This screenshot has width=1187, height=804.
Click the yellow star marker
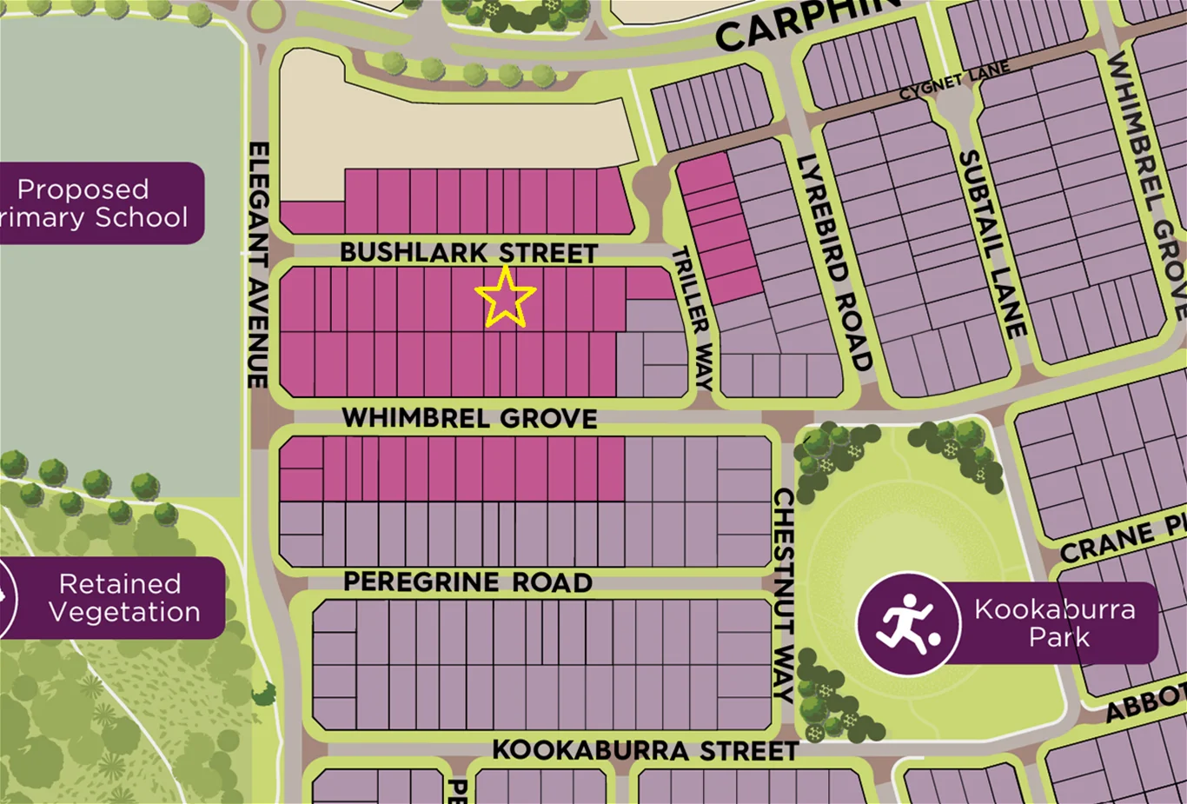[x=506, y=297]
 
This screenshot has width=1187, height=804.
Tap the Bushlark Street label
[x=468, y=252]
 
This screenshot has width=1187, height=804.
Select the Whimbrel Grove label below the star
[x=469, y=418]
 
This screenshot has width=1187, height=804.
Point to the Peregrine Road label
[x=468, y=581]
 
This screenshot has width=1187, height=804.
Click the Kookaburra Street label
[x=645, y=750]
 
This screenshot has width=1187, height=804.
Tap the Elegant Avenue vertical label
[x=258, y=265]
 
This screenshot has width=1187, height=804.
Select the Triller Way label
[x=693, y=318]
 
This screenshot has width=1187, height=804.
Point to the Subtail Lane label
[x=991, y=243]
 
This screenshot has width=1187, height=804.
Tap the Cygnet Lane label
[x=954, y=81]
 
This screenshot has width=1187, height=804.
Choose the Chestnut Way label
[x=784, y=595]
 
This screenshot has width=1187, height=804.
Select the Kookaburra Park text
[x=1054, y=622]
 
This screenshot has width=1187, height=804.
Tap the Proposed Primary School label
[x=96, y=203]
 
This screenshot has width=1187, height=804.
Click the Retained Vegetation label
[x=123, y=598]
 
